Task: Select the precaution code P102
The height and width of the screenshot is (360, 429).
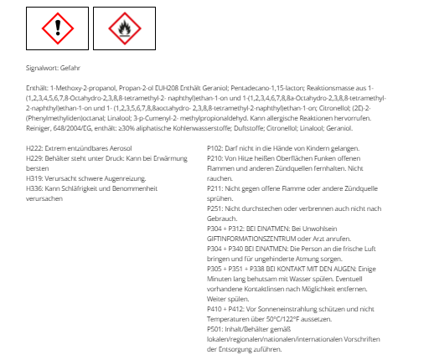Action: [x=215, y=147]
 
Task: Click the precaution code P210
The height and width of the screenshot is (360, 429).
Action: [x=215, y=158]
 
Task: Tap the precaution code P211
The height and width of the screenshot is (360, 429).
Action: [x=215, y=190]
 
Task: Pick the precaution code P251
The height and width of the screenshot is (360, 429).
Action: [x=215, y=211]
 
